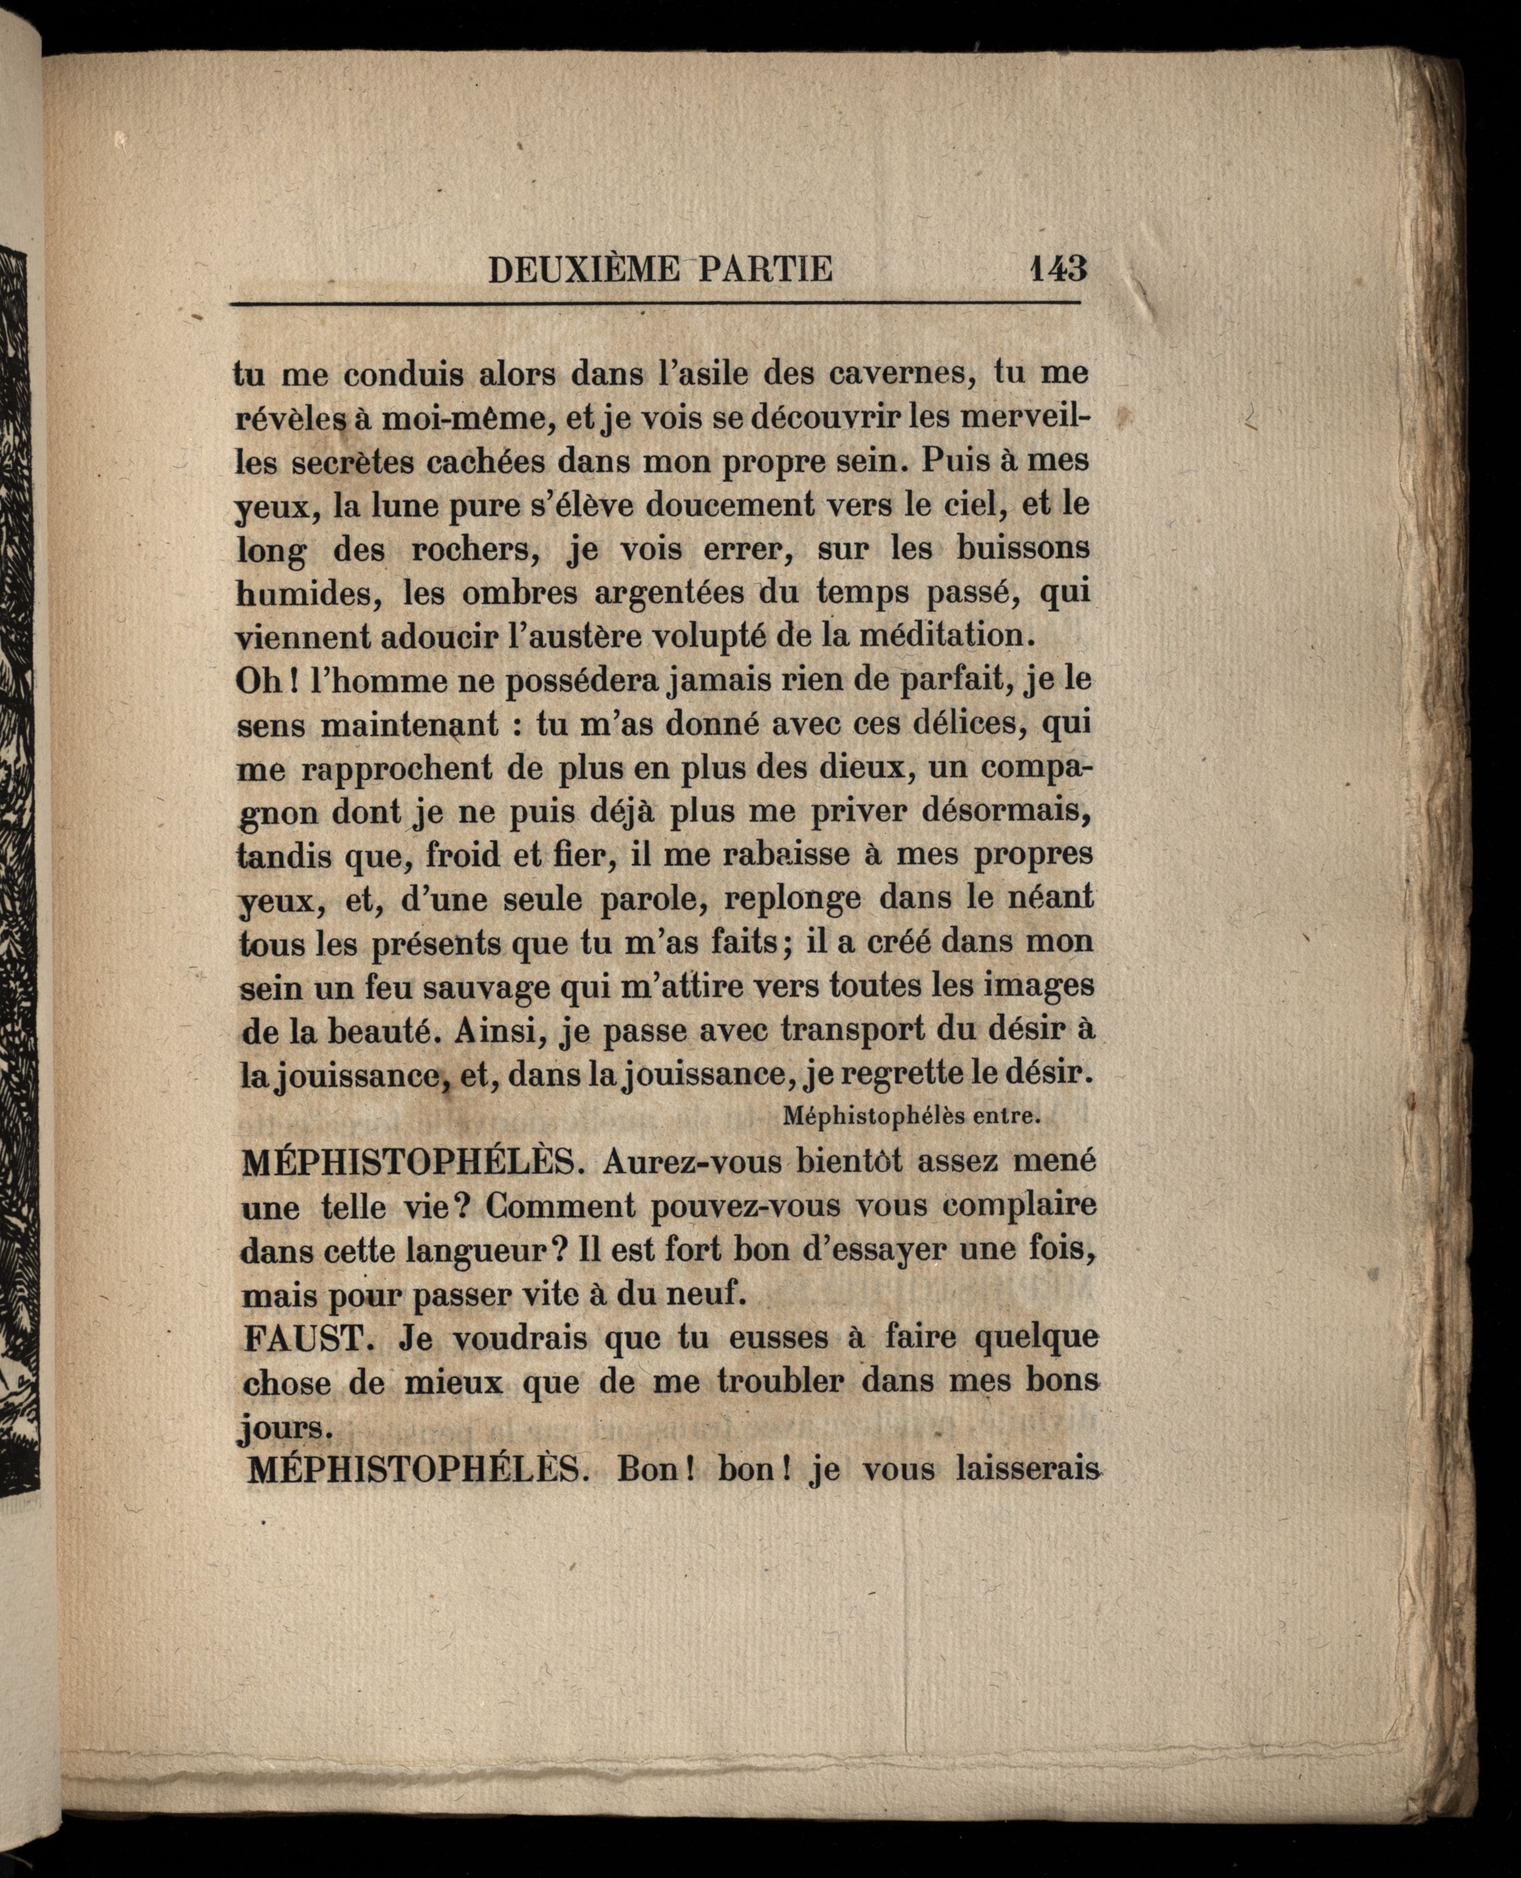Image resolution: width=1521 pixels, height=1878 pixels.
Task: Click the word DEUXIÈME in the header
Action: [583, 269]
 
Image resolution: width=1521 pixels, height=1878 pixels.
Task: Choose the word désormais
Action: [1007, 812]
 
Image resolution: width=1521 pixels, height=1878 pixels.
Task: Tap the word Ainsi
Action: [496, 1030]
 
